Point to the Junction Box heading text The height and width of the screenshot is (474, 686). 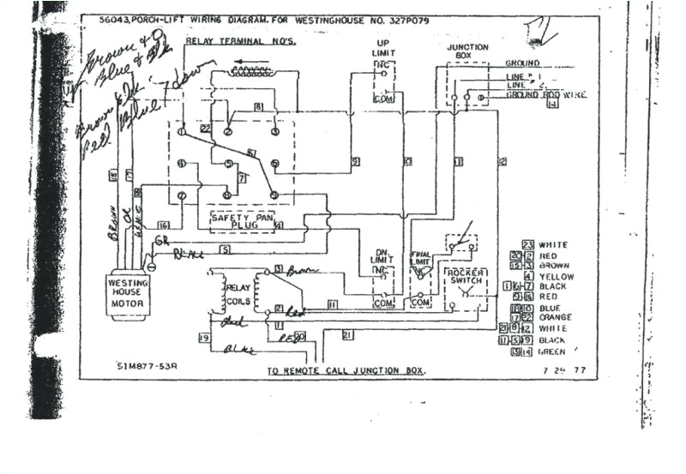[x=467, y=52]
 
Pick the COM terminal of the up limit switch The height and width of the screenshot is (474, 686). [x=383, y=99]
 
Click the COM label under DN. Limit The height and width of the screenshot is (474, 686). [x=382, y=303]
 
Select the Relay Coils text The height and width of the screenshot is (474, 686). [x=237, y=295]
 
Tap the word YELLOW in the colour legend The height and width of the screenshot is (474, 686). [x=557, y=277]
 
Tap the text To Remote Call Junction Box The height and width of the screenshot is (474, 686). [x=345, y=372]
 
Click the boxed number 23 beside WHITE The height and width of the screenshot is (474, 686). [x=528, y=245]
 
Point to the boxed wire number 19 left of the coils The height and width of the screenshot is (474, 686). [x=205, y=339]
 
